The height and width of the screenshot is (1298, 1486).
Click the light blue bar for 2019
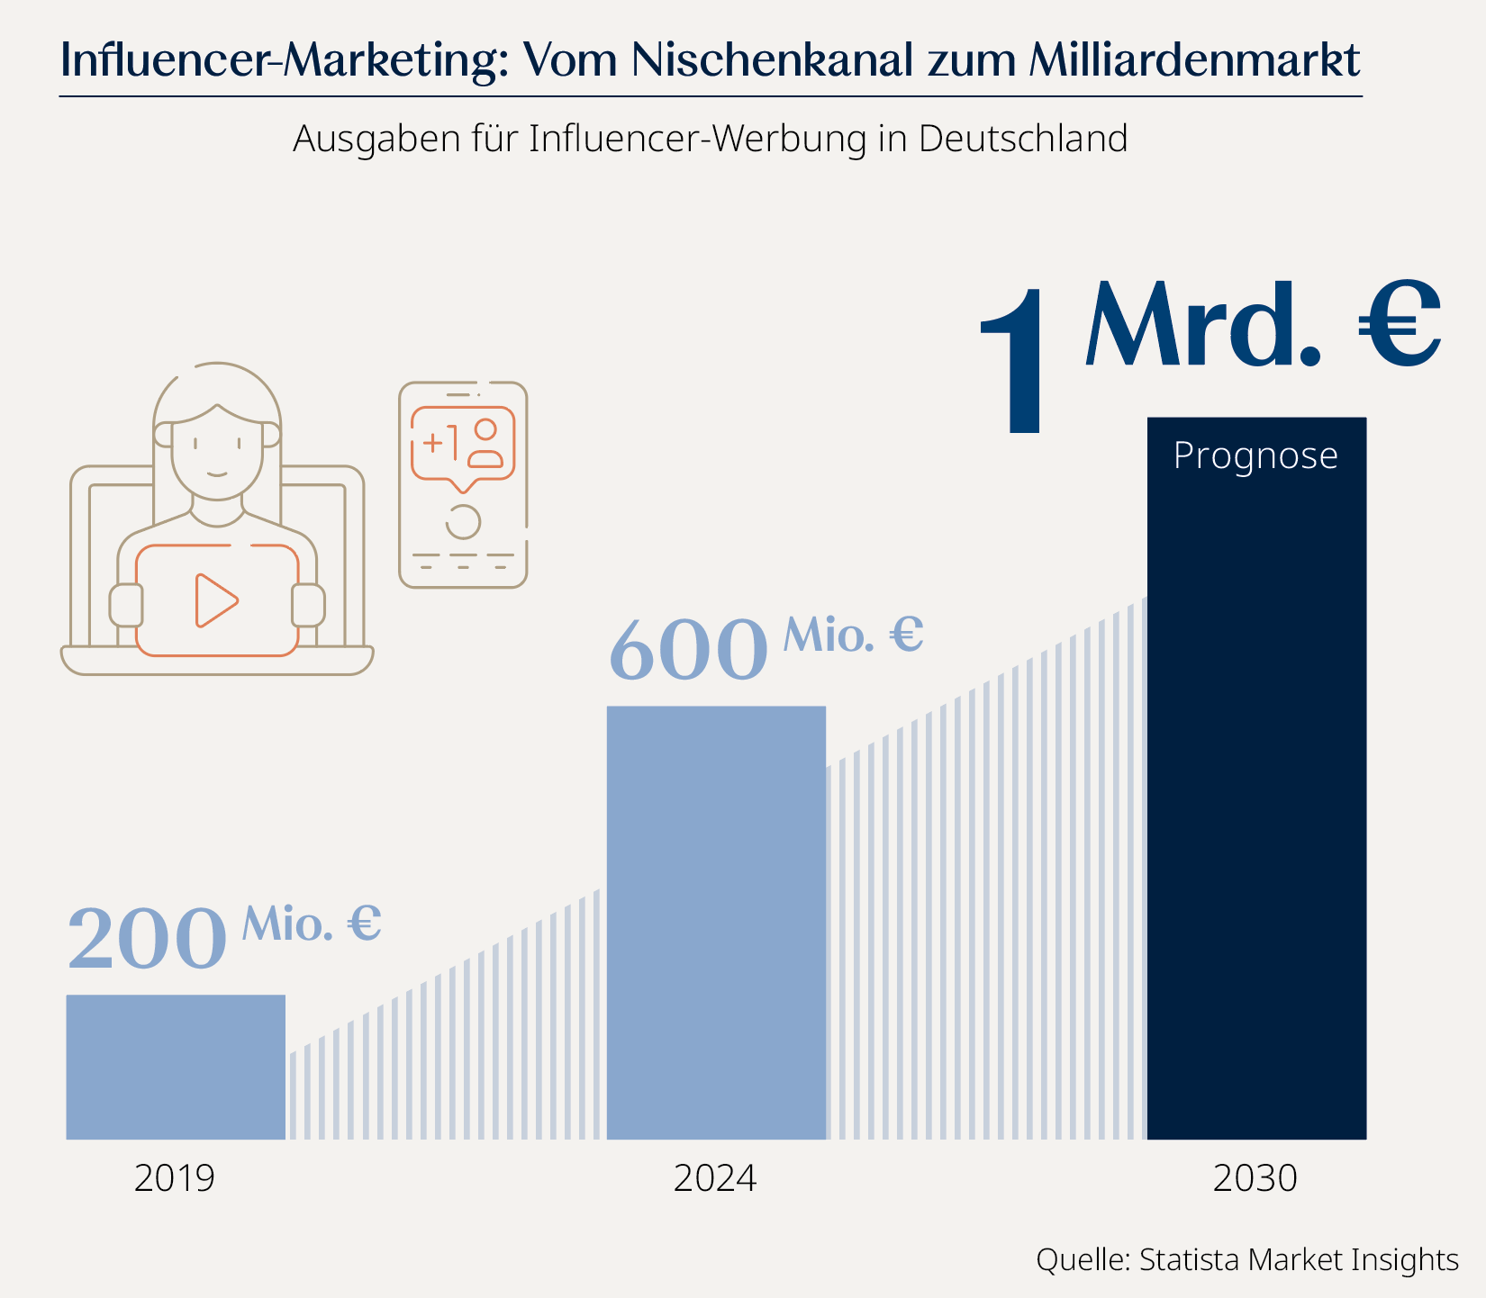coord(176,1067)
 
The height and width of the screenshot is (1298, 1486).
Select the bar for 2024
coord(716,923)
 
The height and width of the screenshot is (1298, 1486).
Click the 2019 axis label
coord(175,1178)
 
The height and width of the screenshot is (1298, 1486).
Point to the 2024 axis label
coord(715,1178)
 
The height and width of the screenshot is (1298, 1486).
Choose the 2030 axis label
coord(1255,1178)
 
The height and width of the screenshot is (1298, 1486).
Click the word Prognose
coord(1255,455)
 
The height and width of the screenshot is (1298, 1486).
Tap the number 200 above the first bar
coord(148,939)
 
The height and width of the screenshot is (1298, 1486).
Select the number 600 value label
coord(689,650)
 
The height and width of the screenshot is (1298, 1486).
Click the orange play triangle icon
coord(215,600)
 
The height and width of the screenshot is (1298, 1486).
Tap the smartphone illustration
coord(463,485)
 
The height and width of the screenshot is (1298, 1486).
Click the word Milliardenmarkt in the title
coord(1193,59)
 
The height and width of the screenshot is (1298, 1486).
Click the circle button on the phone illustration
coord(463,521)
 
